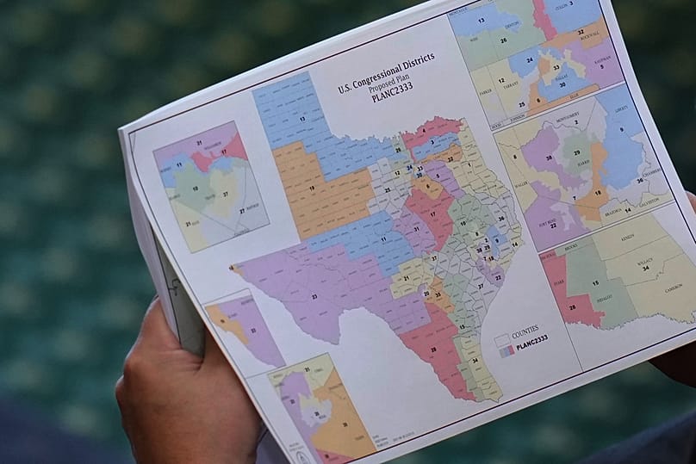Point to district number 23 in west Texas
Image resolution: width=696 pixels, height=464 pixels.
coord(314,296)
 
